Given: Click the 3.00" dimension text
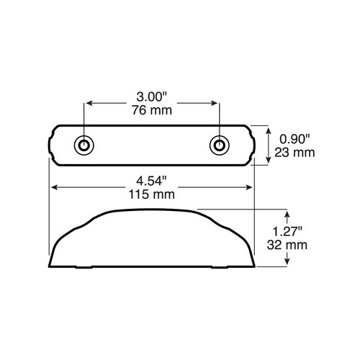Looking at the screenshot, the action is coord(151,97).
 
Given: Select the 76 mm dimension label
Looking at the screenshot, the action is coord(152,110).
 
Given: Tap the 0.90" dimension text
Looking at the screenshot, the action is coord(294,139).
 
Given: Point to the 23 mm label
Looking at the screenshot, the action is coord(294,153).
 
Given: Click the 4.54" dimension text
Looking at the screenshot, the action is coord(151,181).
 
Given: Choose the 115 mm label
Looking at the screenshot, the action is coord(152,194).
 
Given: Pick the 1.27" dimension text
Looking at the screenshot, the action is coord(287,232).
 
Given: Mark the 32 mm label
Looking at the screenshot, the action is coord(287,245).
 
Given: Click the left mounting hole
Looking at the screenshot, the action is coord(84,145).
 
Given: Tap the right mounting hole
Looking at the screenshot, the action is coord(220,145).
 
